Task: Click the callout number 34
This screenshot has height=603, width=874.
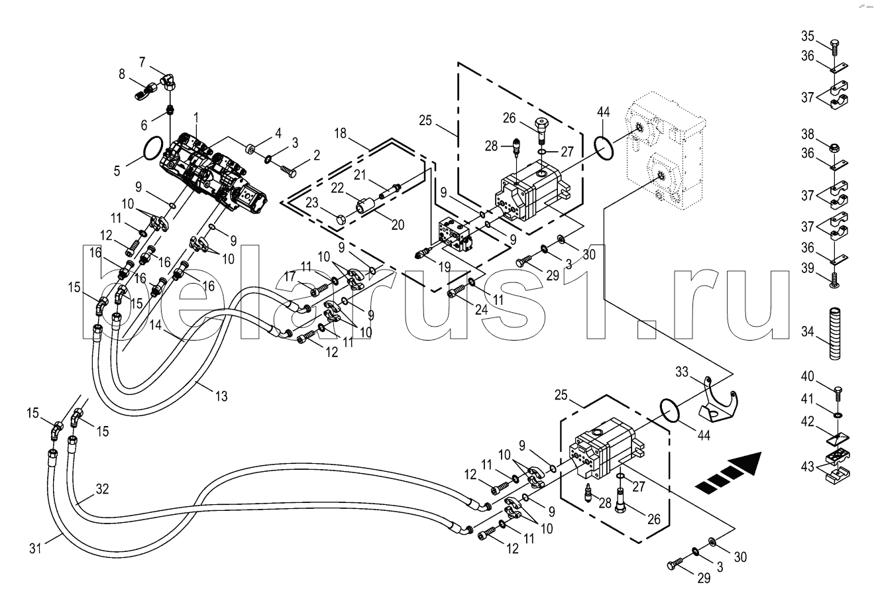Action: point(807,332)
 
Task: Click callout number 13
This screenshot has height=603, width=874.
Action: point(221,396)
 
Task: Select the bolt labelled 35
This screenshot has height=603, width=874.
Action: point(836,46)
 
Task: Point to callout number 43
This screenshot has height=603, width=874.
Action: point(807,466)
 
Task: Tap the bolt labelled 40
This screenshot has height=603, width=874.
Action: point(836,394)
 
